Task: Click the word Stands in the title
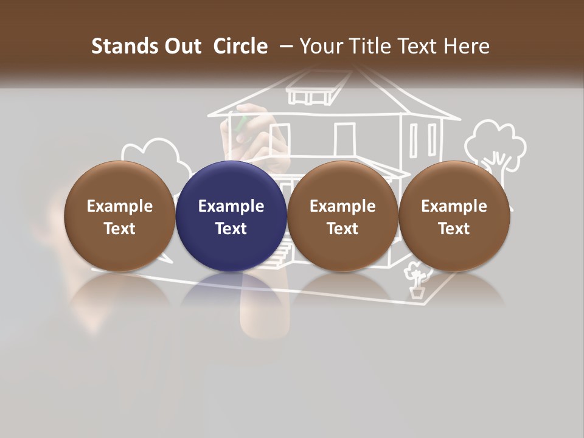pos(117,46)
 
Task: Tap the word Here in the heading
pos(467,46)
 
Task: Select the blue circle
pos(231,216)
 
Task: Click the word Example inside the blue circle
pos(231,206)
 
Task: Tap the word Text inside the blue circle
pos(231,229)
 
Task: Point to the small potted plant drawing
pos(417,283)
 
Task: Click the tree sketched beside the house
pos(495,146)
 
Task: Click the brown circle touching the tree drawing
pos(454,216)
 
